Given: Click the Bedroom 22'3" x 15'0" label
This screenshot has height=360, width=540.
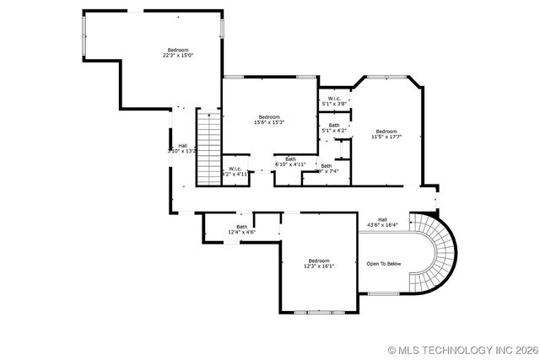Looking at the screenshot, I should (178, 52).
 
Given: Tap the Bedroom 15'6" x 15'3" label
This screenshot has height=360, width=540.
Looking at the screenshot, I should (269, 119).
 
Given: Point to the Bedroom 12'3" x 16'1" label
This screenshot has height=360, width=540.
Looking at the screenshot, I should (319, 263).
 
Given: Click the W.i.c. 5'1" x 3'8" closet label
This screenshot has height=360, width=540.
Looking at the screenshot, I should (334, 102).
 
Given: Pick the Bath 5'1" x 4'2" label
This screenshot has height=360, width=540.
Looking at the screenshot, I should (334, 128).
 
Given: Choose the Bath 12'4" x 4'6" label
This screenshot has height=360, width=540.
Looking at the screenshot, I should (242, 228).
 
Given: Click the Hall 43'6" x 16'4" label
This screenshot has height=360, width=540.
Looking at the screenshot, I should (382, 223).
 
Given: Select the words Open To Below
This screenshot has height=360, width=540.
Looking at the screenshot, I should (383, 264).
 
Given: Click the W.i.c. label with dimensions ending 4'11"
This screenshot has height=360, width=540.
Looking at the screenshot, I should (235, 170).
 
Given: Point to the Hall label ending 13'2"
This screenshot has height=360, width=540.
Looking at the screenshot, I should (182, 148).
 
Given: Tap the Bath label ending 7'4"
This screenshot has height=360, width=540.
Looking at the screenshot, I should (327, 169).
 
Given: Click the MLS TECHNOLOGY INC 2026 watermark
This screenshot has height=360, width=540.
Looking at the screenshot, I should (466, 349).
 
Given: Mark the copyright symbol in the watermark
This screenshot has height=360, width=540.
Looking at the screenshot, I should (392, 349).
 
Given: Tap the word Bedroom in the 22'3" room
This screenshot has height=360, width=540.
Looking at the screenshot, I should (178, 49).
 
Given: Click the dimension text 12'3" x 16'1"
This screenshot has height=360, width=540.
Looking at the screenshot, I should (319, 266).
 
